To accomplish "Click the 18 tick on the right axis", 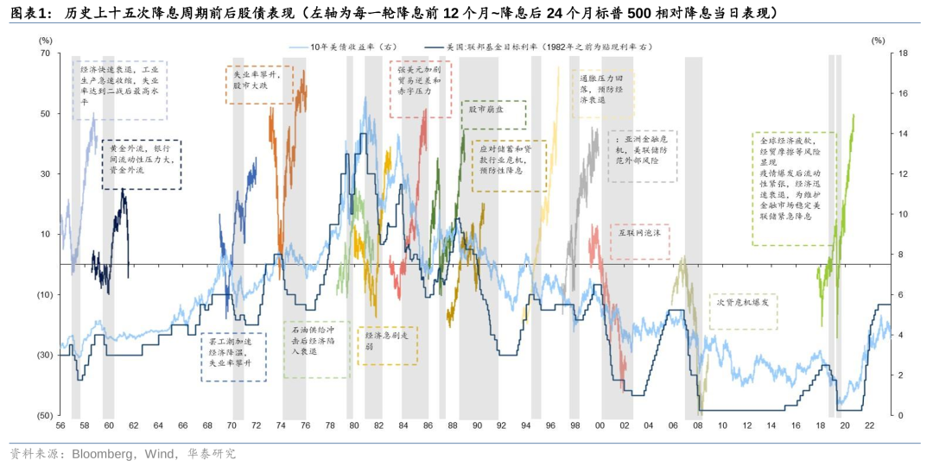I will [879, 54].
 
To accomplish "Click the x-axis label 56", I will [60, 426].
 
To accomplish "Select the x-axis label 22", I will [869, 426].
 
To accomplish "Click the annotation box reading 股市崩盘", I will [486, 110].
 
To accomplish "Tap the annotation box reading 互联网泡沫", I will [640, 232].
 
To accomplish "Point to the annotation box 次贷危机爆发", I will [743, 304].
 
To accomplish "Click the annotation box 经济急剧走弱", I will [387, 339].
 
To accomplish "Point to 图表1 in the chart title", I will [30, 12].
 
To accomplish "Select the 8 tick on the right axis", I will [879, 255].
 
